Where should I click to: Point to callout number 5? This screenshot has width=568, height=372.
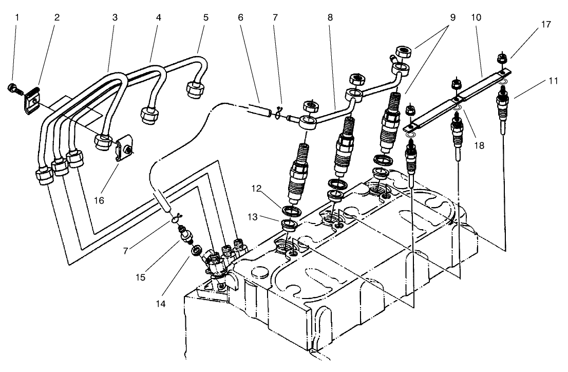205,17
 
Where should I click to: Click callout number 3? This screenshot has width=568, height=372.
115,17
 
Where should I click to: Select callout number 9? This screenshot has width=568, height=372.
452,17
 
